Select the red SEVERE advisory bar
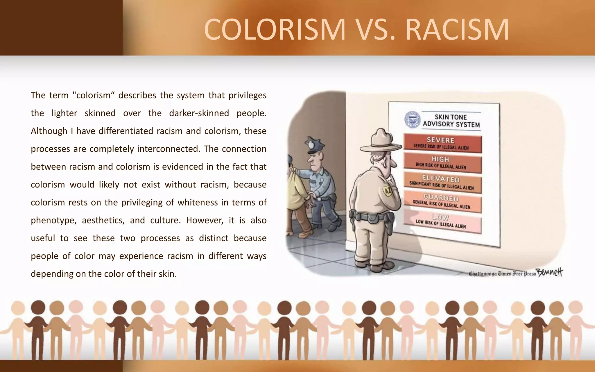[x=442, y=143]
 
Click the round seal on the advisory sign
[x=413, y=120]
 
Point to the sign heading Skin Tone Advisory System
[x=451, y=121]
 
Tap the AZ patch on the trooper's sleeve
[x=388, y=191]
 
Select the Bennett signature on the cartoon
[x=550, y=272]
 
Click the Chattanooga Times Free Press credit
[x=502, y=273]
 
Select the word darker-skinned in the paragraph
[x=199, y=113]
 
